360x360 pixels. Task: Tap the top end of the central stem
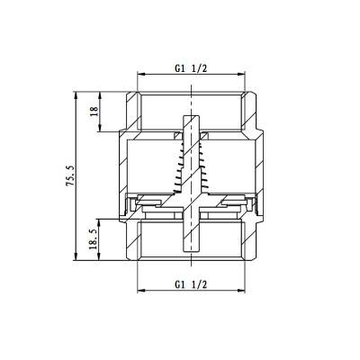[192, 117]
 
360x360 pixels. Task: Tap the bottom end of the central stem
[192, 255]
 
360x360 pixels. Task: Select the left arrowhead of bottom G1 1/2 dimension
[139, 292]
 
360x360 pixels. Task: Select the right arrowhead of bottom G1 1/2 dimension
[247, 292]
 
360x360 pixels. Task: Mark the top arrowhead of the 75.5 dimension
[76, 94]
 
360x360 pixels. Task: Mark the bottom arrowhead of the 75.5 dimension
[76, 263]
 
